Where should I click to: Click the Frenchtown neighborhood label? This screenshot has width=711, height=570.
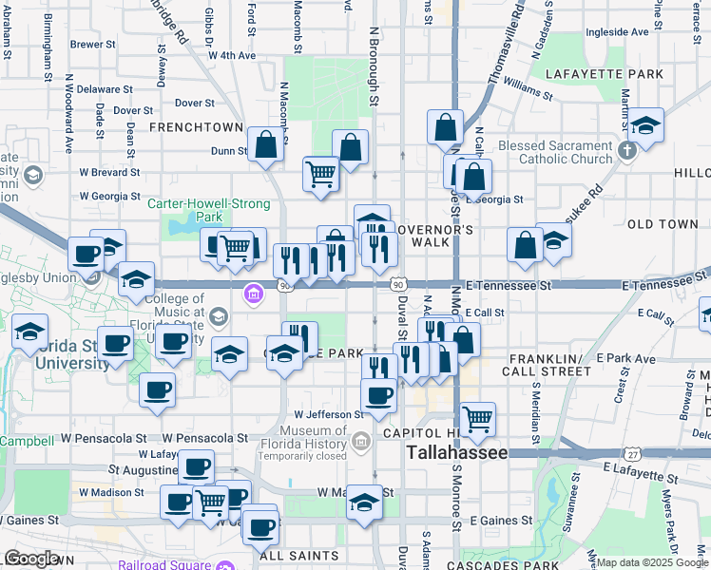(x=196, y=126)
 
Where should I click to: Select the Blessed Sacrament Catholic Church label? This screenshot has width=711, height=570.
(x=555, y=152)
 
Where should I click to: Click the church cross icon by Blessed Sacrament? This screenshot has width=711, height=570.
(x=626, y=151)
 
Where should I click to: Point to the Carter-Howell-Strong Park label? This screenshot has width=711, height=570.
(x=208, y=210)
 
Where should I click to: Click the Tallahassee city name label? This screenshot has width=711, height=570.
(x=457, y=453)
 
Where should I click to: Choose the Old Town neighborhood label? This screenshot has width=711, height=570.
(x=663, y=224)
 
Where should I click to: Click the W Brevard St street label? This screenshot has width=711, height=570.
(x=109, y=173)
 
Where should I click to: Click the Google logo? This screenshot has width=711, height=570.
(x=31, y=559)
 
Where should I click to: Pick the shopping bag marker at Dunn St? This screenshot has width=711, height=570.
(x=266, y=144)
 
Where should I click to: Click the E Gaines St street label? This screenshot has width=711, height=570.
(x=501, y=521)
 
